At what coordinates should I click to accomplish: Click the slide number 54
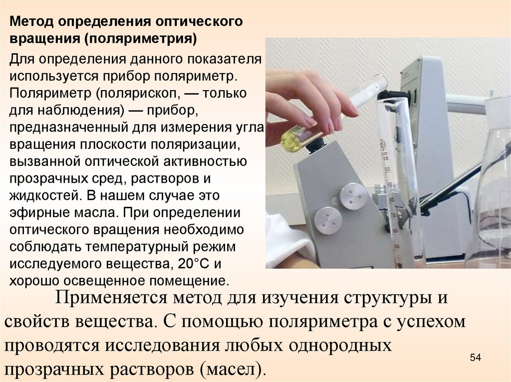pyautogui.click(x=476, y=357)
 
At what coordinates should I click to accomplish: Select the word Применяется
pyautogui.click(x=111, y=298)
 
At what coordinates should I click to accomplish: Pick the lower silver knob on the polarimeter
pyautogui.click(x=328, y=221)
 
